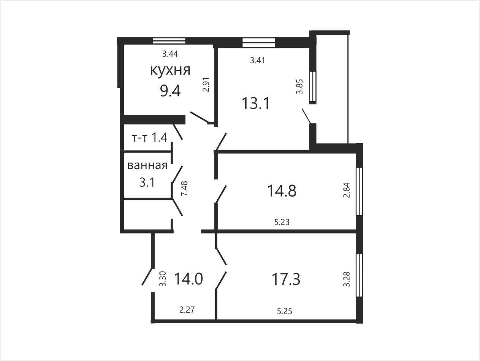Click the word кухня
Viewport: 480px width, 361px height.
[x=170, y=70]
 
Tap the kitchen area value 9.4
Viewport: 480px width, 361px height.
[x=170, y=91]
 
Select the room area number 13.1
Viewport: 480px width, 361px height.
[x=256, y=103]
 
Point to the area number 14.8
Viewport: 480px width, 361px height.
[x=282, y=190]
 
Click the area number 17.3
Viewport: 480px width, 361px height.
[x=286, y=280]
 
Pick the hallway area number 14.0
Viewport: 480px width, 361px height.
[x=189, y=279]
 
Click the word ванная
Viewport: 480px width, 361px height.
[x=147, y=165]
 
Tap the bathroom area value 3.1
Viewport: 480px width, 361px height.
[x=147, y=182]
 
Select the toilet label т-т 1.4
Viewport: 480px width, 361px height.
[x=150, y=138]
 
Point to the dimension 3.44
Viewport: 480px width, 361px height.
[x=170, y=54]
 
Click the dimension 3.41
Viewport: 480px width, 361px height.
[x=258, y=60]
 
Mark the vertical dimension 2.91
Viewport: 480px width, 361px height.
[x=206, y=84]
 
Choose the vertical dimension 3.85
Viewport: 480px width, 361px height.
[x=299, y=86]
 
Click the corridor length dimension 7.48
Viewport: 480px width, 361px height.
[x=184, y=188]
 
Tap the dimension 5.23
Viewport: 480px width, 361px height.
[x=282, y=222]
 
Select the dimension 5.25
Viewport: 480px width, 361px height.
[x=285, y=311]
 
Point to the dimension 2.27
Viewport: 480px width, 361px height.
[x=187, y=310]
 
